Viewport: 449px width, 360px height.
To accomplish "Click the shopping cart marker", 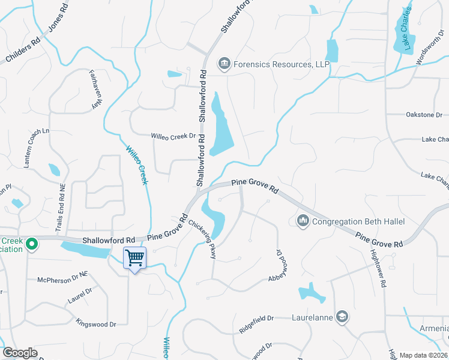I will pos(135,259).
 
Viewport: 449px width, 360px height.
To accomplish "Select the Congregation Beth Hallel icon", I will pos(303,221).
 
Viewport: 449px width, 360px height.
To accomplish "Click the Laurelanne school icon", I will pos(342,316).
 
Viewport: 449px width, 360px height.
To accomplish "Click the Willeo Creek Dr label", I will pos(173,136).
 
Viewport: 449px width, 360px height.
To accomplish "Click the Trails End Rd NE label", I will pos(60,206).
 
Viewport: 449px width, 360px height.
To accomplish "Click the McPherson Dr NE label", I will pos(62,280).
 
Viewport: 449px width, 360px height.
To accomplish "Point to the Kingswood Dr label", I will pos(96,324).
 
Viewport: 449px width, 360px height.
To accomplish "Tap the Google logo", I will pos(20,353).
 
